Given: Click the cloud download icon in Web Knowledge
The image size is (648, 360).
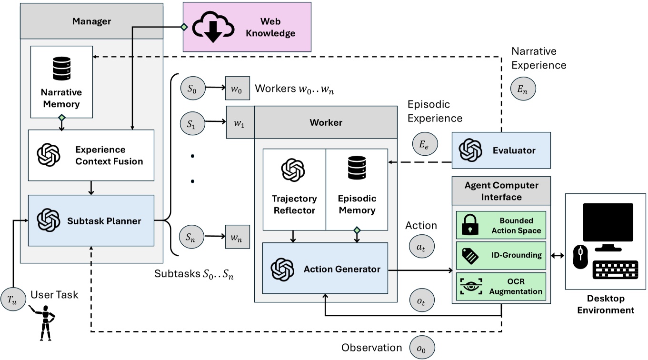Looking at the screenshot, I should coord(213,27).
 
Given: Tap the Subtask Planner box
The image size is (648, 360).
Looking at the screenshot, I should coord(91,220).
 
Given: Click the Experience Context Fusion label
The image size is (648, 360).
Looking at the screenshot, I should coord(109,156).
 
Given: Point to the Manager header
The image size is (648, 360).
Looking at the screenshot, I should coord(91,21).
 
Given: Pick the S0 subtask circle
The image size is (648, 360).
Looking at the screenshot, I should coord(190,89).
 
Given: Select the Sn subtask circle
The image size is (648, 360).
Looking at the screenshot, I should coord(190,236).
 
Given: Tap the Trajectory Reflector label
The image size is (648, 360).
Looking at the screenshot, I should coord(294,204).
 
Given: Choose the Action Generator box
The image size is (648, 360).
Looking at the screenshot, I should coord(325,268).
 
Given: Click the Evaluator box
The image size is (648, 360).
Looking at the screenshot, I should coord(500,150).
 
